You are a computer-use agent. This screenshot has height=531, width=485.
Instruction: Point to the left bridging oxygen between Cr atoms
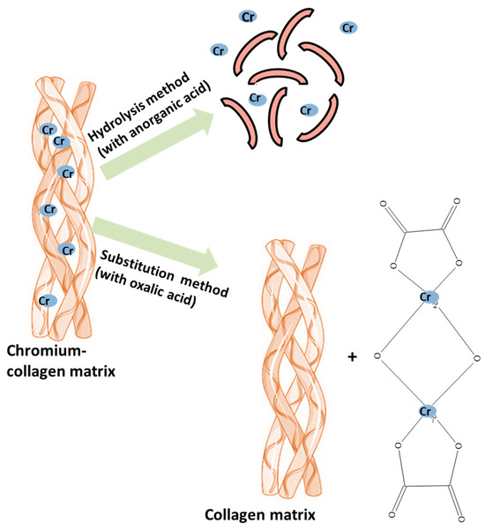tap(377, 356)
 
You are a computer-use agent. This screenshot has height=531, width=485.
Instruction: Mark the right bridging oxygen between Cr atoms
tap(476, 356)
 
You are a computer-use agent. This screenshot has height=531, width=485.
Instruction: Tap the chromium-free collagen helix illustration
tap(290, 370)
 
